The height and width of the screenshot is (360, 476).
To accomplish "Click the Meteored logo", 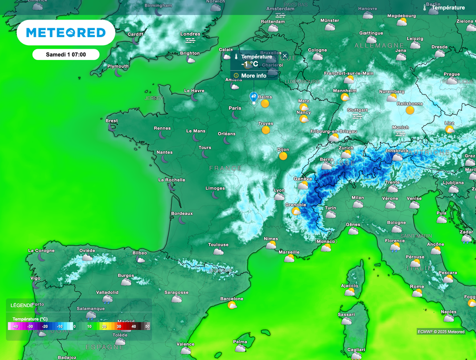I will point(66,33).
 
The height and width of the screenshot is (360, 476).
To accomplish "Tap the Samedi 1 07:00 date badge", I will point(66,55).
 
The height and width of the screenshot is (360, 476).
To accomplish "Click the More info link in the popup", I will point(253,76).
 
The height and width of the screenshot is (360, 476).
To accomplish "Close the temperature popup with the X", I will point(285,56).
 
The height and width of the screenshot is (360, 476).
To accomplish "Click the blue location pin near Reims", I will point(254,97).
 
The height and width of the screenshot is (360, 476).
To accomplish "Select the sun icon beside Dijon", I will point(283,156).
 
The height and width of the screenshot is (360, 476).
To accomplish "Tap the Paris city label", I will point(235,108).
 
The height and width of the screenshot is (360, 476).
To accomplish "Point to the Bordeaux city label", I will point(182,214).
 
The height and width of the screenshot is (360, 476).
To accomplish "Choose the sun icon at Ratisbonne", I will point(410,110).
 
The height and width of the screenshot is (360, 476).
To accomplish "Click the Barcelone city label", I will point(231,299).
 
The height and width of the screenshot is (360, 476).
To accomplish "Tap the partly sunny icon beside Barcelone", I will point(232,305).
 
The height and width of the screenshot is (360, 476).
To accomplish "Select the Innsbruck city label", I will point(397,151).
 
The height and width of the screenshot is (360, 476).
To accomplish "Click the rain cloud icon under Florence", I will point(395,248).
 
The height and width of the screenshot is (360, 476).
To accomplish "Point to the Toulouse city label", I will point(218,245).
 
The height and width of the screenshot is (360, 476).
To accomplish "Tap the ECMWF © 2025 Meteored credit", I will point(441,332).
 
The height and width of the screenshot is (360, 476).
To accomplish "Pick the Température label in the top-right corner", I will point(448,7).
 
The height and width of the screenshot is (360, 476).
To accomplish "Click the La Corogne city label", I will point(41,251).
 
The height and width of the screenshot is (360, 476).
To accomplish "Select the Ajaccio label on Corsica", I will point(349,286).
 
